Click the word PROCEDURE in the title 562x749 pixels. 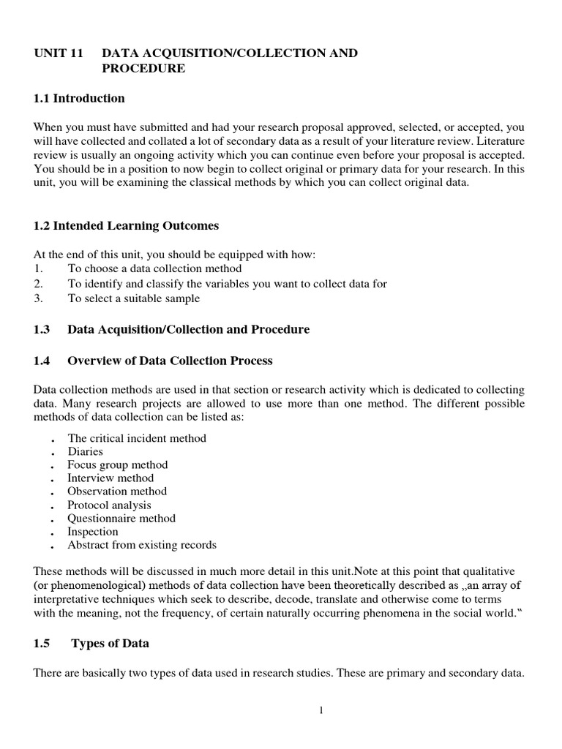point(143,69)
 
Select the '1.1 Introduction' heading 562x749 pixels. point(79,98)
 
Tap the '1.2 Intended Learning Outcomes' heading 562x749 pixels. point(126,226)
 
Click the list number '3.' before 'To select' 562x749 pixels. point(39,298)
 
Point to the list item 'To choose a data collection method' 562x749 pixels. point(154,269)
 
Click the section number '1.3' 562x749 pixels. point(42,329)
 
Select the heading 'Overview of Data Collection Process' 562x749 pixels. point(170,360)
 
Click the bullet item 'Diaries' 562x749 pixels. point(86,451)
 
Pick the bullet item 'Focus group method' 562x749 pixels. point(118,464)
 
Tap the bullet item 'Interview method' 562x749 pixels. point(110,478)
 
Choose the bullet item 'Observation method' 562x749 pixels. point(117,491)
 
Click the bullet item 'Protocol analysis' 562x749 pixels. point(110,505)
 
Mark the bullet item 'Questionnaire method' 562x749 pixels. point(121,518)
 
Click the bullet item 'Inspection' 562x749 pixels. point(93,531)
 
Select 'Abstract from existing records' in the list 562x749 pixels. point(142,545)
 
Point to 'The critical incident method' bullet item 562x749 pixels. point(137,438)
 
